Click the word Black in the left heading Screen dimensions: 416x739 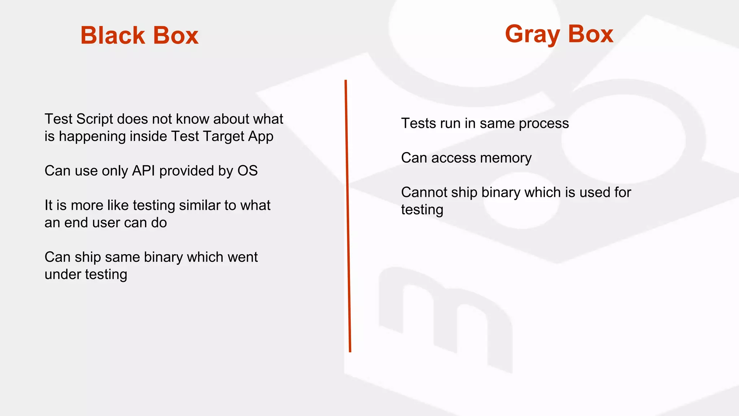[x=112, y=35]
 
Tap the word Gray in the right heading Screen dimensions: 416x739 [x=533, y=34]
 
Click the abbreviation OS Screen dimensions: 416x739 [x=247, y=170]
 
